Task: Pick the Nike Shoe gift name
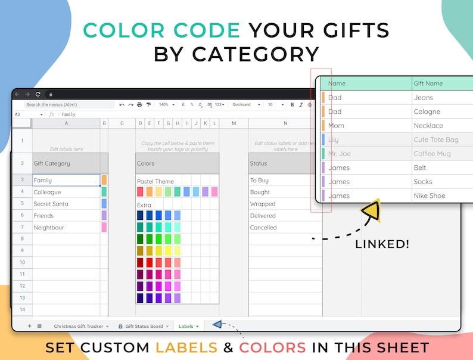click(x=430, y=195)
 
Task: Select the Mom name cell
click(x=336, y=126)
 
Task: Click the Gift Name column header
click(x=429, y=83)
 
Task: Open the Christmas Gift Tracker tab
click(x=78, y=326)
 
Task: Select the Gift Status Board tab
click(x=143, y=326)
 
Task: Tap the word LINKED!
click(x=381, y=244)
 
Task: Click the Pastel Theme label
click(x=155, y=181)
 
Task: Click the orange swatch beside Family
click(x=104, y=180)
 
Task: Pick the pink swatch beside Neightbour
click(x=104, y=228)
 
